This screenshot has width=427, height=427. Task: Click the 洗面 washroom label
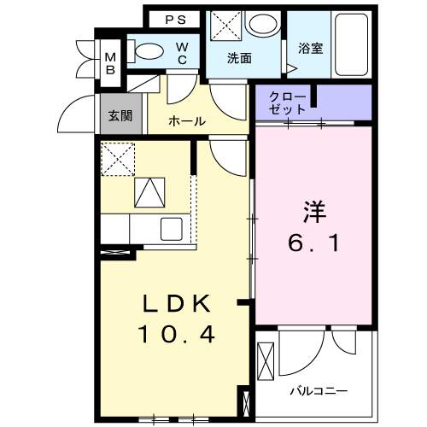pyautogui.click(x=239, y=58)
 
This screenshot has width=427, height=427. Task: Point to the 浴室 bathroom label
pyautogui.click(x=310, y=50)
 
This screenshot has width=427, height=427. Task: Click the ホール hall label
pyautogui.click(x=186, y=121)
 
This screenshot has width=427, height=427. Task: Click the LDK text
pyautogui.click(x=174, y=305)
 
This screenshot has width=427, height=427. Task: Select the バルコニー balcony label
pyautogui.click(x=318, y=390)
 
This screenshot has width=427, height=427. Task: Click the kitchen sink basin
pyautogui.click(x=171, y=229)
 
